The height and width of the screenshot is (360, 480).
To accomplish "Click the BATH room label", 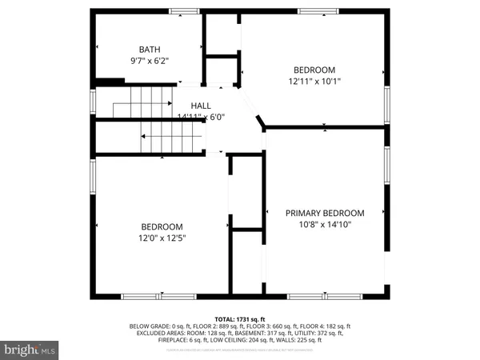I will [x=150, y=49].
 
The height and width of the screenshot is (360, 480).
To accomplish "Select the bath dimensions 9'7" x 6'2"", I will [x=150, y=60].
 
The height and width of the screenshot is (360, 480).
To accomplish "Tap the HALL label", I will [x=201, y=106].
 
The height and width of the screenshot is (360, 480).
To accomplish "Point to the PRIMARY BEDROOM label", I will [x=325, y=213].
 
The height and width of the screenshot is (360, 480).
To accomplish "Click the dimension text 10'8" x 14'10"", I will [x=325, y=225].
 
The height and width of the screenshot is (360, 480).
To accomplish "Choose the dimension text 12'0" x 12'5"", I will [x=162, y=238].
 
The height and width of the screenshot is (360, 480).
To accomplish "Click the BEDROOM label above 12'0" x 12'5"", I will [x=162, y=226].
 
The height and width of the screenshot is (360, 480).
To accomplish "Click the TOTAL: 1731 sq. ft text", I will [x=239, y=319].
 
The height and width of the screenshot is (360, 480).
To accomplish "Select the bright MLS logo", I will [x=30, y=350].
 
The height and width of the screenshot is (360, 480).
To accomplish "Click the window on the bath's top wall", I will [x=185, y=11].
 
